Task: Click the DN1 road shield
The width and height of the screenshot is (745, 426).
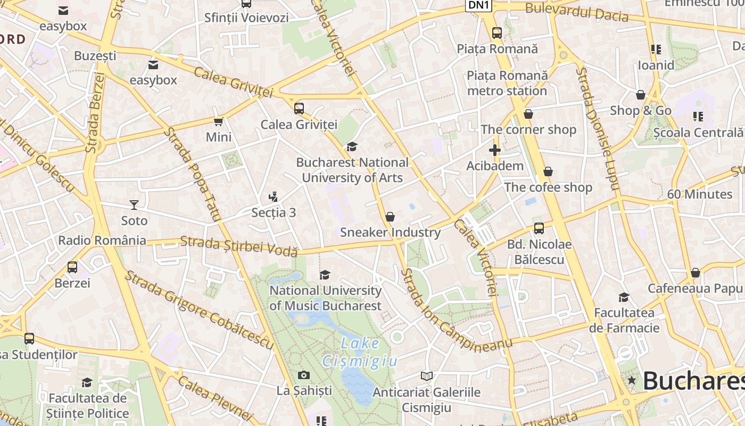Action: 479,5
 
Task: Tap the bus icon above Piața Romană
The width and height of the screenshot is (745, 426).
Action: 497,33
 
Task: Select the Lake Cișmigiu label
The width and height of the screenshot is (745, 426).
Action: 360,352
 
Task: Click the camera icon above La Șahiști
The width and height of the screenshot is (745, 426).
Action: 304,375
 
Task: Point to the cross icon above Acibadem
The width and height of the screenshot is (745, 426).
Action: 495,150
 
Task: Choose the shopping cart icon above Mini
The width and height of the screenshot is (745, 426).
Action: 218,121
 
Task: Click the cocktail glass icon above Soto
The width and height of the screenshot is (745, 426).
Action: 134,204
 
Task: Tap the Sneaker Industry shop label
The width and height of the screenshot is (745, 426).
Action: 390,232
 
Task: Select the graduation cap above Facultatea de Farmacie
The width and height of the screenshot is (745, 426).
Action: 624,297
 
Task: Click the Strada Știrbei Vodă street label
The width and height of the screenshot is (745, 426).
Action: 238,245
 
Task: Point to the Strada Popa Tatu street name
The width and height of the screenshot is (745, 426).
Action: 192,174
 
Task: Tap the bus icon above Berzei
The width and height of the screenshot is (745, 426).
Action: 72,267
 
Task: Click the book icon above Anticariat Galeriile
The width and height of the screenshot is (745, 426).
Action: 426,376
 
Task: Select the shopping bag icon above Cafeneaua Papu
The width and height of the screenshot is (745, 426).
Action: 695,273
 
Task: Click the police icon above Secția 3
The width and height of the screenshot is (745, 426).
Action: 274,197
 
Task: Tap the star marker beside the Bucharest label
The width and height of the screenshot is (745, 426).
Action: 632,380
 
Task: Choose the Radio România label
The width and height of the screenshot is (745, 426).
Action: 102,240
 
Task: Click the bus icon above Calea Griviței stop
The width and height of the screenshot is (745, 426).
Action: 299,109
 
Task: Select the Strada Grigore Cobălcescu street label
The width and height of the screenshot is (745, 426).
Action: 199,310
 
